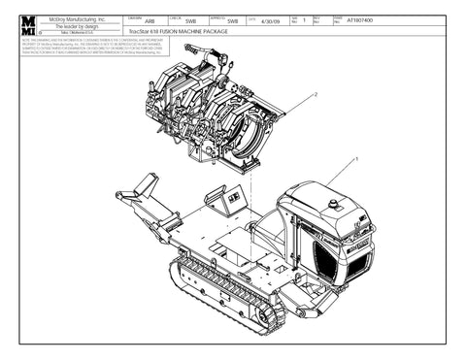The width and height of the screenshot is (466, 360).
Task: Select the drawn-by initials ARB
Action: [x=150, y=20]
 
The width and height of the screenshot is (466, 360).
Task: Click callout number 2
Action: [x=316, y=95]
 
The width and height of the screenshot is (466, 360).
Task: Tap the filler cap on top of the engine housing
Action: [x=334, y=205]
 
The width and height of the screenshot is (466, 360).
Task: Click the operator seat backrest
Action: [x=269, y=230]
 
